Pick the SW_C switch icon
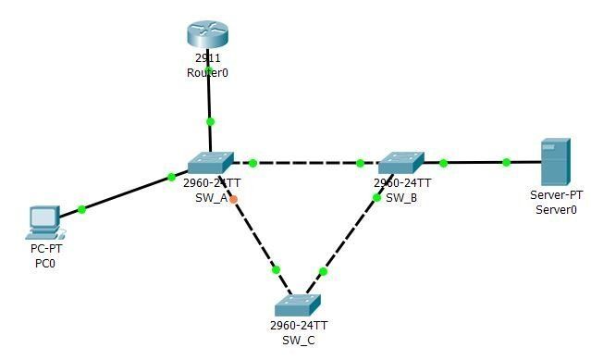click(297, 305)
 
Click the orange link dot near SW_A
click(233, 199)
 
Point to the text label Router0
click(207, 72)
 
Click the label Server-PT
click(556, 195)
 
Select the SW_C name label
click(298, 340)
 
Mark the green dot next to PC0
click(81, 209)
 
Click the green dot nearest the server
click(506, 163)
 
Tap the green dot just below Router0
click(210, 121)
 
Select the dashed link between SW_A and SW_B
click(305, 163)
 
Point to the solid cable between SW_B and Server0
click(474, 163)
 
